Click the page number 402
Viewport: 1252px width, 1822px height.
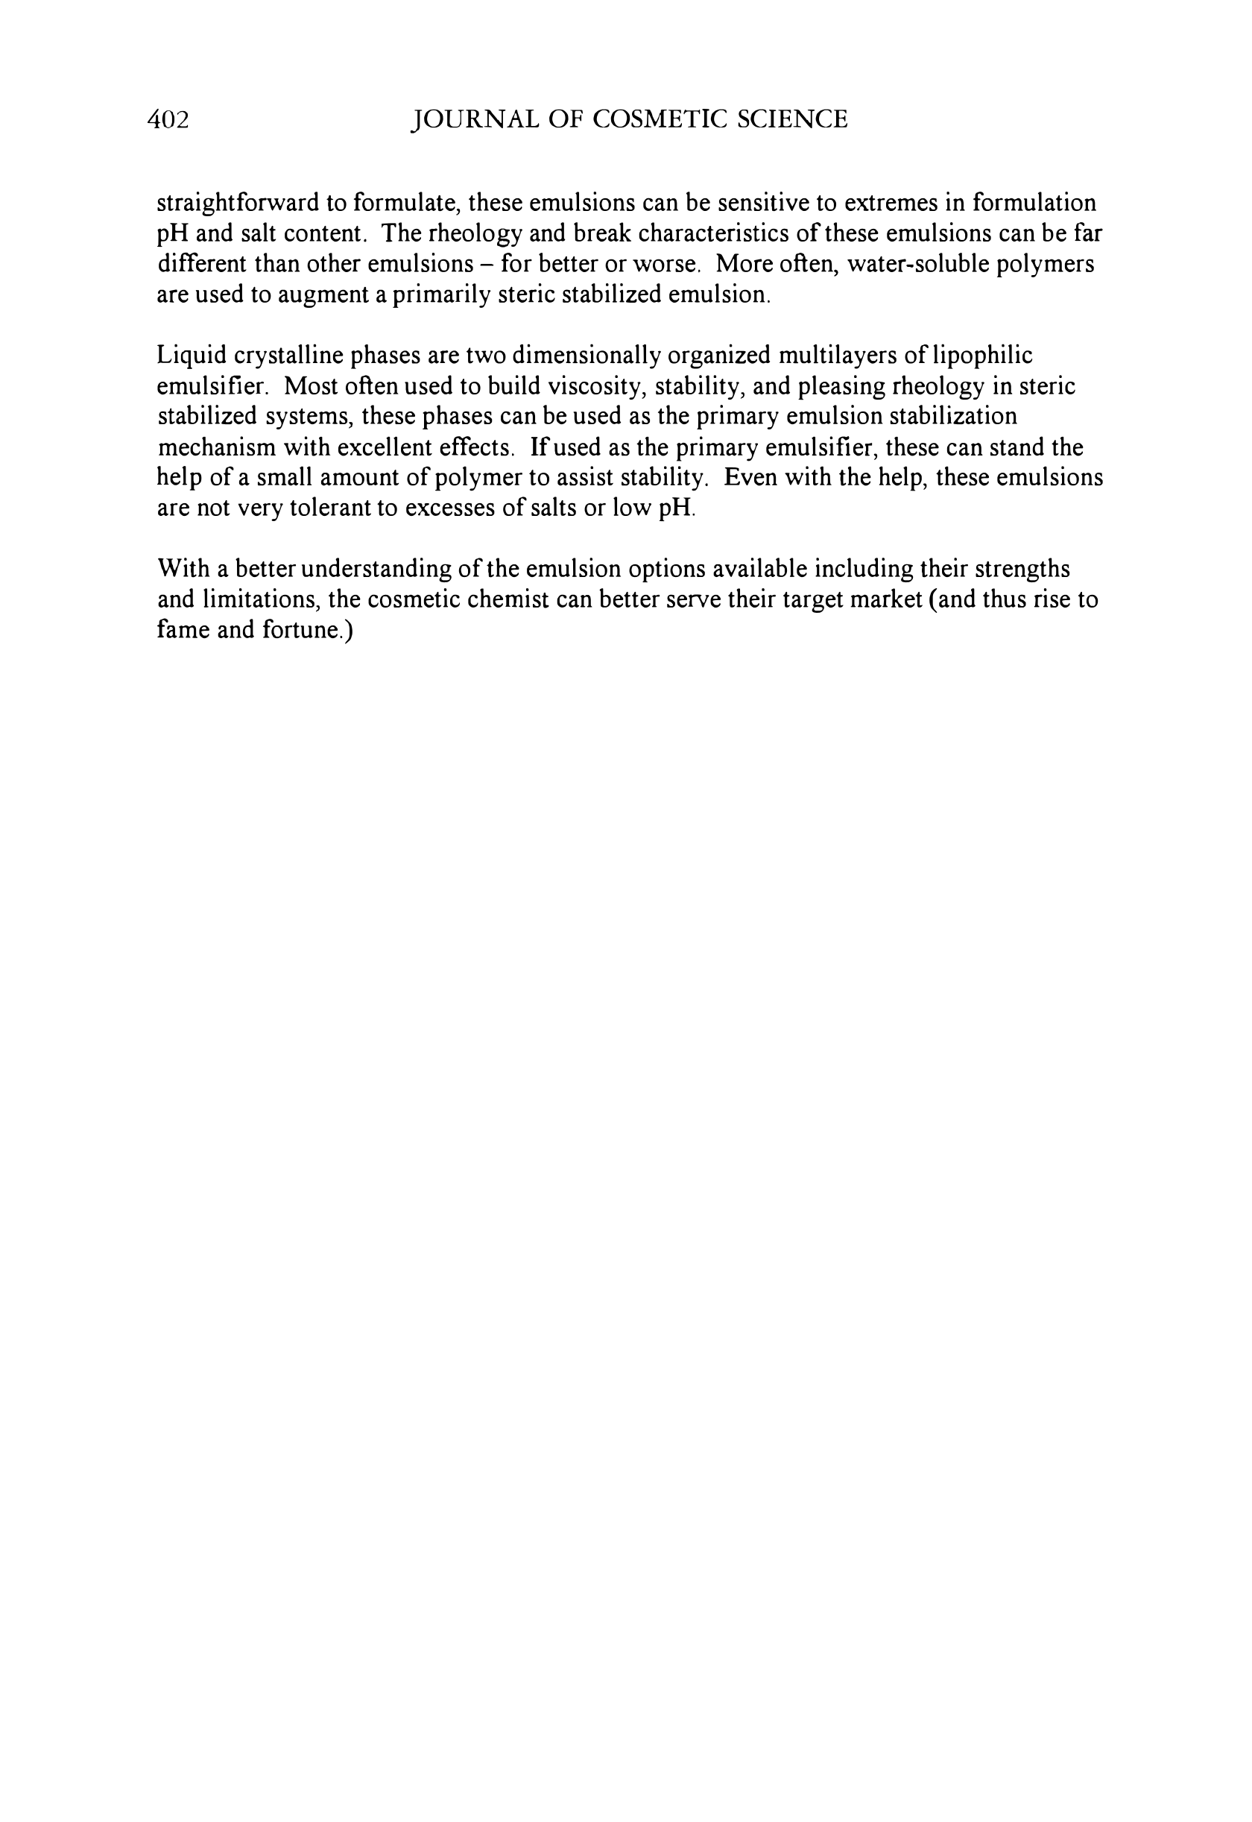(168, 119)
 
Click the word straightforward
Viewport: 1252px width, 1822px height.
(237, 204)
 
